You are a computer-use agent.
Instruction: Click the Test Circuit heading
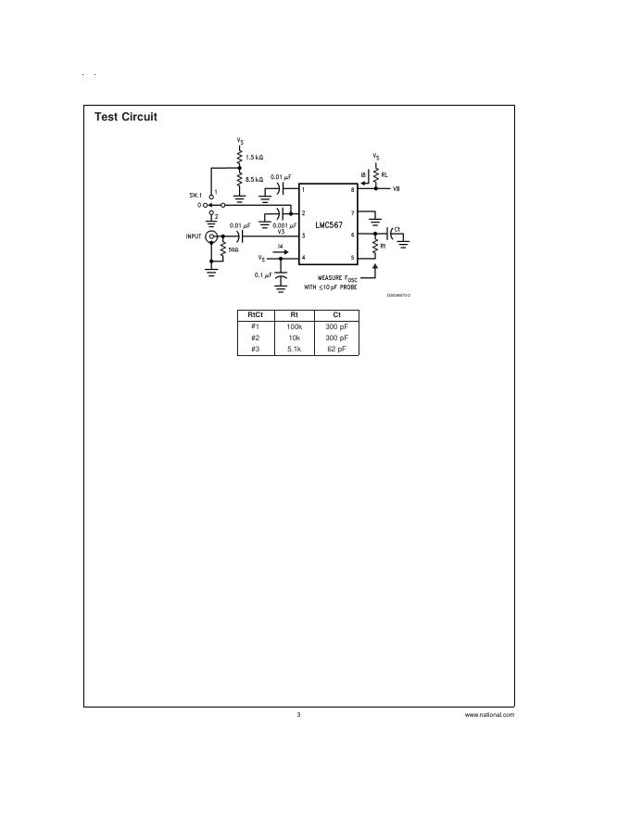(126, 117)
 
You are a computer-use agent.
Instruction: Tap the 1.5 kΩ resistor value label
(255, 159)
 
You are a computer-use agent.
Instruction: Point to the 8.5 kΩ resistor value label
(255, 178)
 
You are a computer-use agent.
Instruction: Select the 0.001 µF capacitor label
(284, 224)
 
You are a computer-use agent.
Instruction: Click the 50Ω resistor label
(233, 249)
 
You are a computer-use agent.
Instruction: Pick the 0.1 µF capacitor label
(263, 275)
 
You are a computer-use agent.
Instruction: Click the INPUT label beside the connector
(194, 236)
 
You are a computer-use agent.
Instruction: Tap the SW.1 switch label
(195, 195)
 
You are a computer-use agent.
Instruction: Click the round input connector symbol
(211, 237)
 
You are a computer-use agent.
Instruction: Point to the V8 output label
(396, 189)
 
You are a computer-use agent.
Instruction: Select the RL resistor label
(384, 174)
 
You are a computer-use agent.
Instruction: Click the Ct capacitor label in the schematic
(397, 228)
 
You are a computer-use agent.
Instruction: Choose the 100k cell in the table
(294, 327)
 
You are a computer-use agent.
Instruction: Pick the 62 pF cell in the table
(336, 349)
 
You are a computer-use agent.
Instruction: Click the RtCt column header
(255, 315)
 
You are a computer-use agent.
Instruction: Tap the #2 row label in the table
(255, 338)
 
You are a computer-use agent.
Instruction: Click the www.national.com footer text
(489, 715)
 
